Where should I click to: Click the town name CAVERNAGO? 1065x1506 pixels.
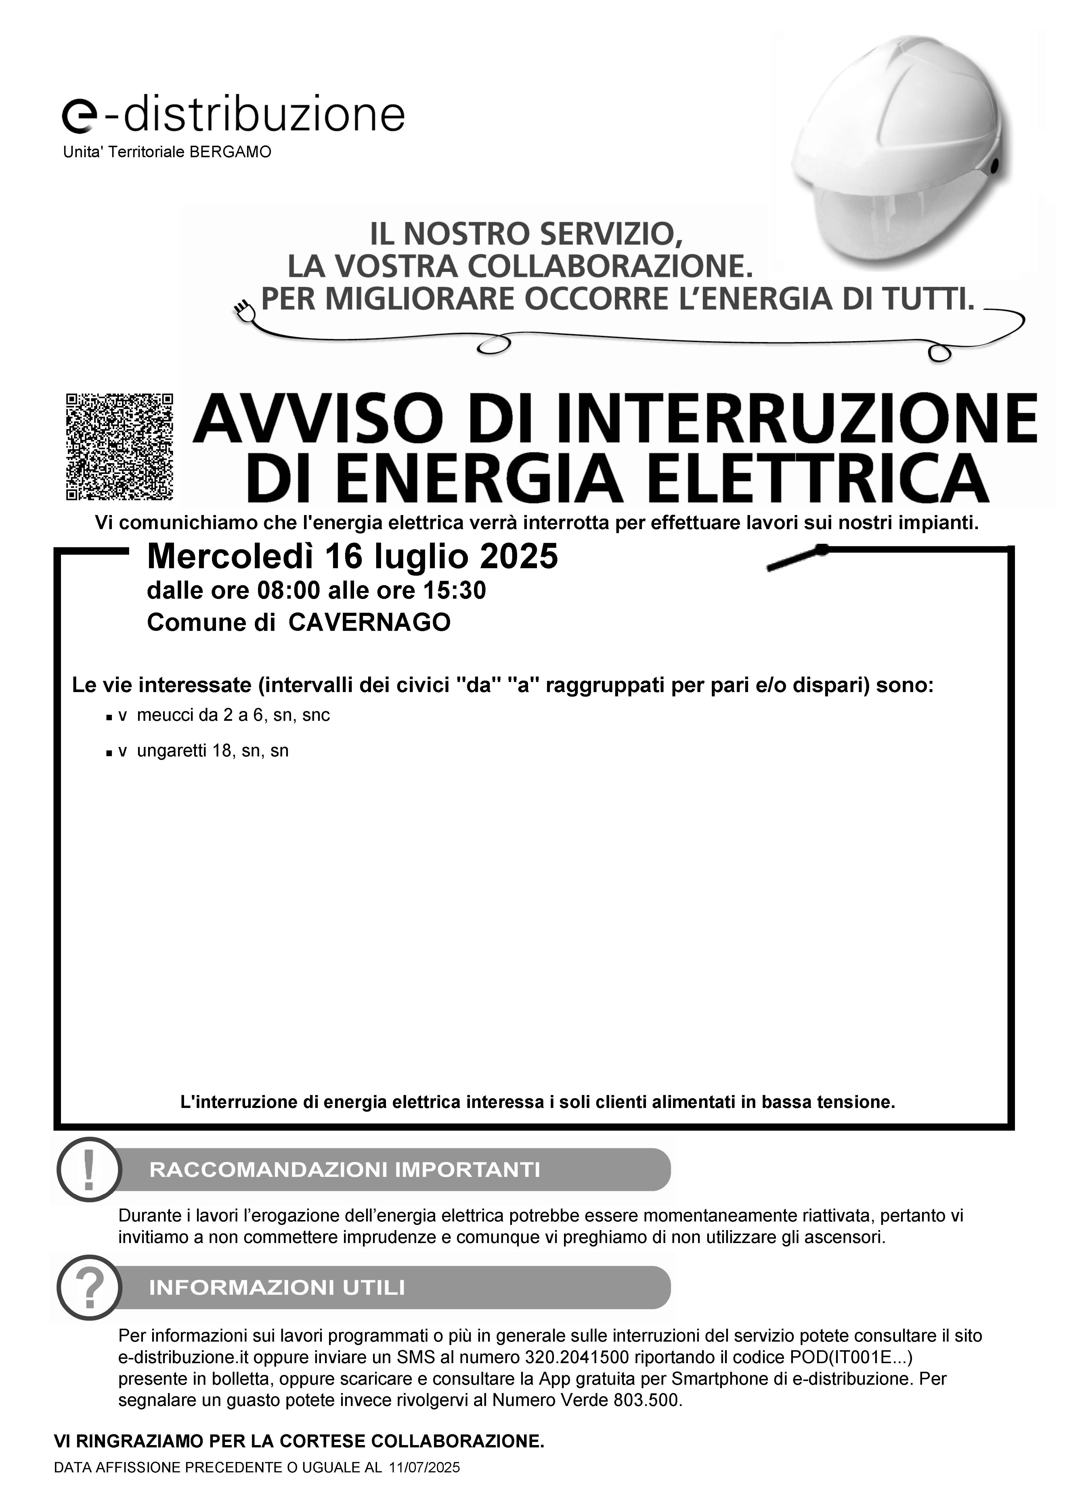[x=370, y=622]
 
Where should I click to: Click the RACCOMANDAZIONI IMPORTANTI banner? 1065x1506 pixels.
[x=394, y=1169]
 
